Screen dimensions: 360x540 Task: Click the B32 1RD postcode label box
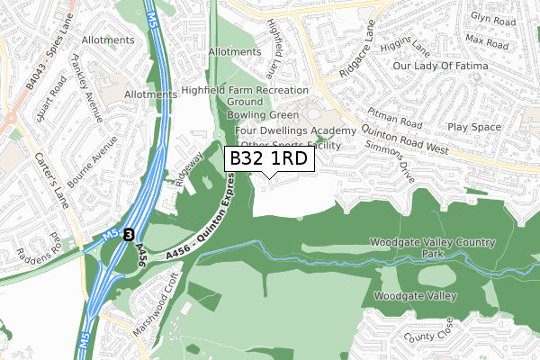tap(268, 159)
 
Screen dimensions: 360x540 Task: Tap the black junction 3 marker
tap(130, 234)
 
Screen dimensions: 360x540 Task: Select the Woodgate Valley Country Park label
tap(433, 249)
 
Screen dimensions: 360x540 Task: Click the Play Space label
tap(499, 128)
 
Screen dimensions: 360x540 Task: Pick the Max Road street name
tap(487, 42)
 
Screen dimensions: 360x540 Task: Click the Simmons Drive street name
tap(388, 161)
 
